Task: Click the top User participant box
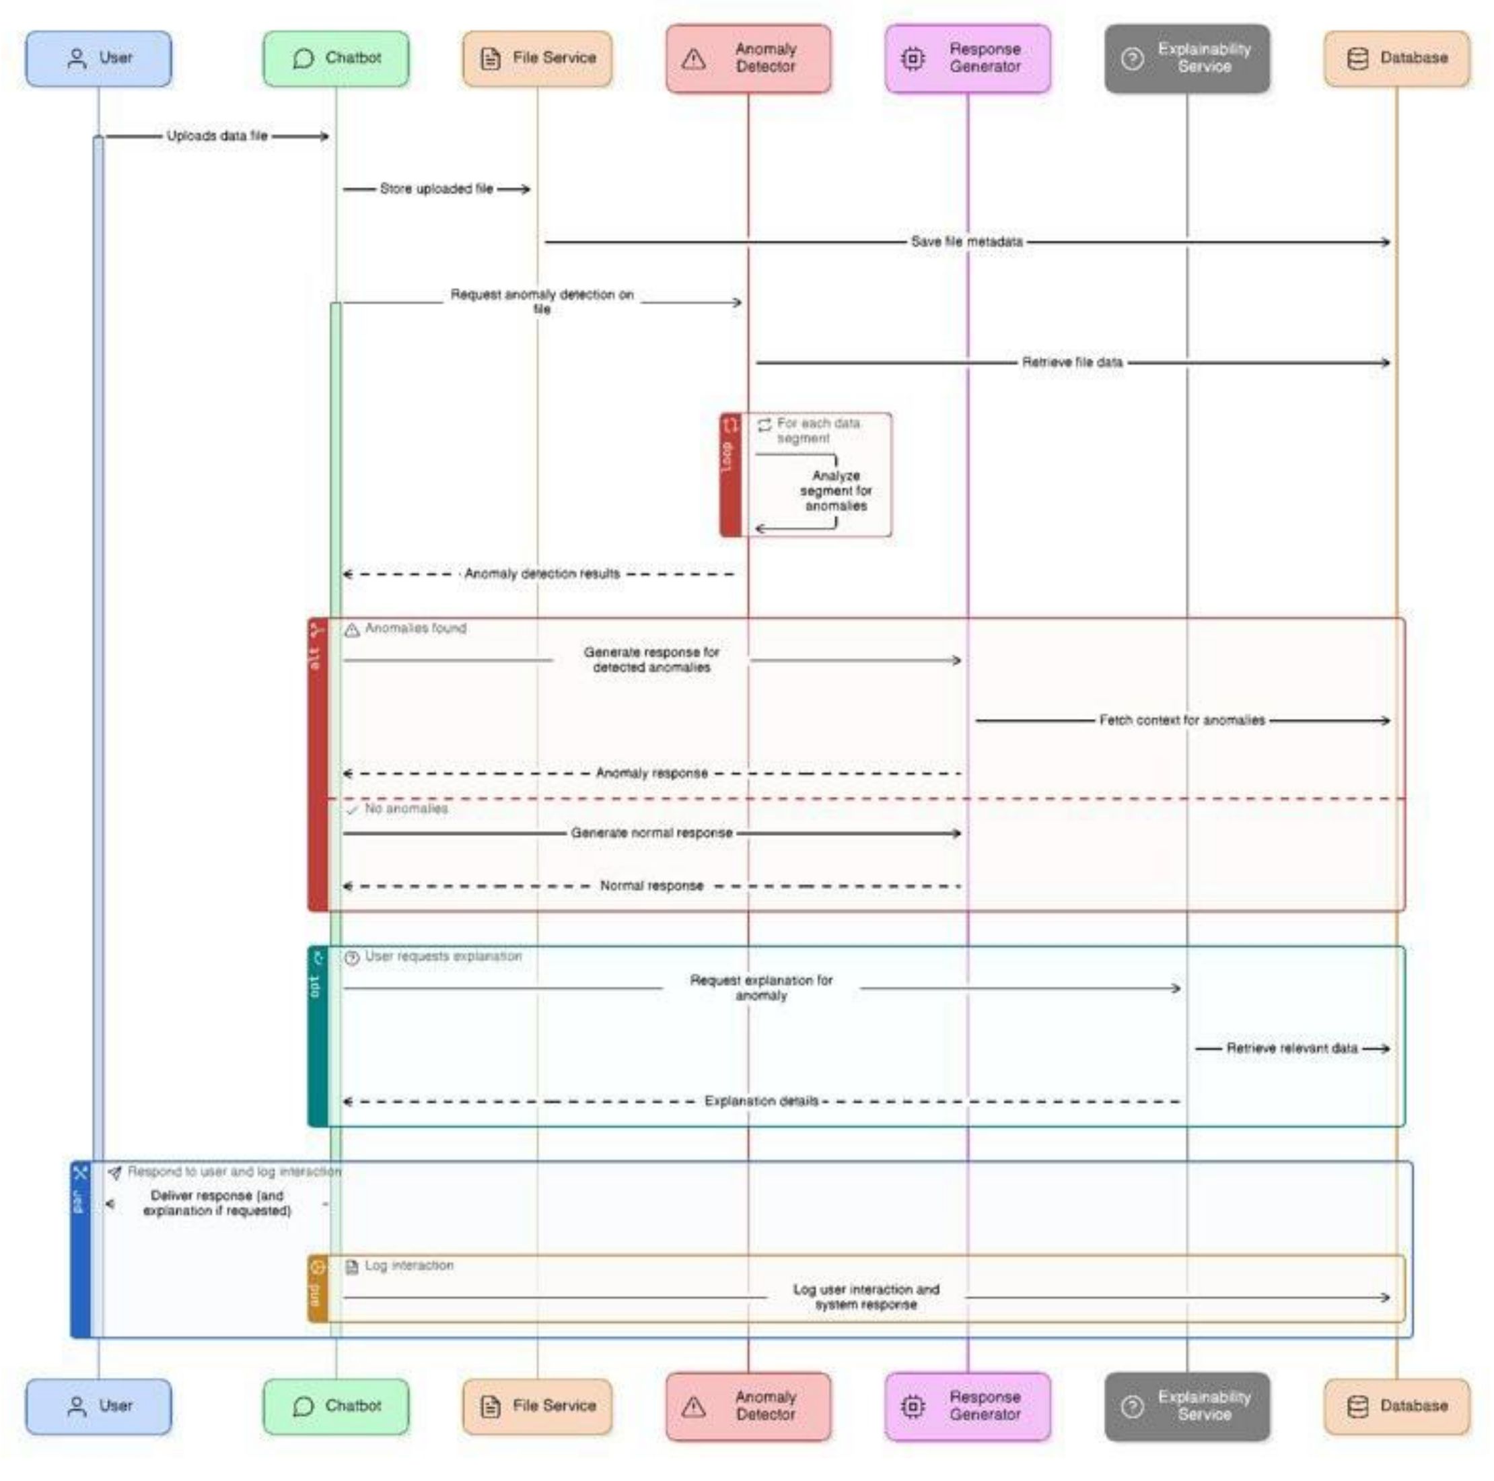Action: (98, 58)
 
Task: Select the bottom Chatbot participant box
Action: (336, 1405)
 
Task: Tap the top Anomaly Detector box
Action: (748, 58)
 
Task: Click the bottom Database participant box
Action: (1396, 1405)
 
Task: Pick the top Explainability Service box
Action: (1186, 58)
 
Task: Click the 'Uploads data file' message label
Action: (217, 136)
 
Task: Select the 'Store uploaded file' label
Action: (436, 188)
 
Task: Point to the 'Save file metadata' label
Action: (966, 242)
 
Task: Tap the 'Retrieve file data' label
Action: (1072, 362)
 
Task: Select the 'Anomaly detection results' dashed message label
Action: (541, 574)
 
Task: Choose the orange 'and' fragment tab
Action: (317, 1288)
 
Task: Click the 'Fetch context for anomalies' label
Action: (1182, 720)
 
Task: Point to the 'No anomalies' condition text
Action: (406, 808)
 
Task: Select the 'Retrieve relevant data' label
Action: (1291, 1048)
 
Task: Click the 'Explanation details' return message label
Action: (761, 1101)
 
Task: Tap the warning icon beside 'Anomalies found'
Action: (352, 629)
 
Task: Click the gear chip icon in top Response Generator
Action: (913, 58)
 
